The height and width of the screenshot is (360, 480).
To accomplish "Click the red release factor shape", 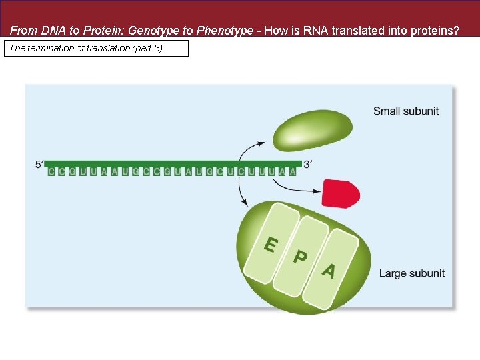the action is click(x=340, y=193).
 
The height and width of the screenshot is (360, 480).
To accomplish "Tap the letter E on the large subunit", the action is click(x=270, y=245).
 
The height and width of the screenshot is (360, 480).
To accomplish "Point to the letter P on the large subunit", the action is click(x=301, y=257).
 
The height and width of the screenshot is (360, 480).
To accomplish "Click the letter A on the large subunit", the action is click(x=328, y=271).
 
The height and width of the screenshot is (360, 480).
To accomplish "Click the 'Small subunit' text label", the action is click(x=405, y=111).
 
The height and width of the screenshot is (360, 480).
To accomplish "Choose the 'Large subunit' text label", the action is click(x=411, y=273).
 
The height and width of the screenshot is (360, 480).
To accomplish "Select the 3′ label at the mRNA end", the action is click(x=307, y=164).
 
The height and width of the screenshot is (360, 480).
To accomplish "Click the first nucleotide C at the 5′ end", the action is click(x=51, y=171).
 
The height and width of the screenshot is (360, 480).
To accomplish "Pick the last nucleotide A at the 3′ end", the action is click(x=293, y=171).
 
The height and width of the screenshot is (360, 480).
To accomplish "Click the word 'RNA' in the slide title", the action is click(x=319, y=30).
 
